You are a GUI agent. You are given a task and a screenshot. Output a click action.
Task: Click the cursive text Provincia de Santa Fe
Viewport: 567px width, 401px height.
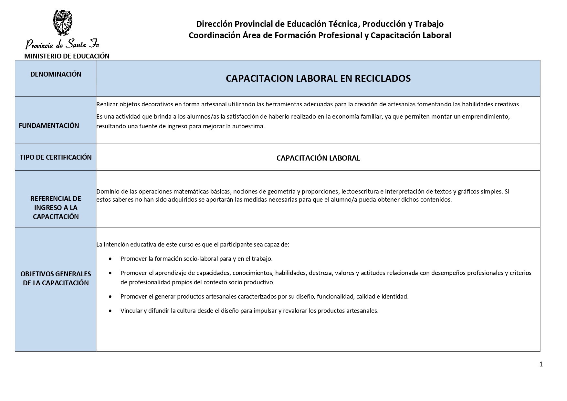(x=62, y=43)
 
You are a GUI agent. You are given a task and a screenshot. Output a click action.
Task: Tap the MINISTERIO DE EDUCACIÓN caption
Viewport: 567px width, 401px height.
(x=67, y=56)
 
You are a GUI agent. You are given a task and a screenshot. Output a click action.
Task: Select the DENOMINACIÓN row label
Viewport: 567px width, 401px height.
(x=56, y=74)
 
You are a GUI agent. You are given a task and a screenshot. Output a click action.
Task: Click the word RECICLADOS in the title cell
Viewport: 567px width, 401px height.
(x=383, y=79)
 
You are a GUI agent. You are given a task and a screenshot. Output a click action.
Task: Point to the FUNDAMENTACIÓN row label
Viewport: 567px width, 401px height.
(x=49, y=126)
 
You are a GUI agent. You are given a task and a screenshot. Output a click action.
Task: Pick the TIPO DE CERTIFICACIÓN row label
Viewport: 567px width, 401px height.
(x=56, y=157)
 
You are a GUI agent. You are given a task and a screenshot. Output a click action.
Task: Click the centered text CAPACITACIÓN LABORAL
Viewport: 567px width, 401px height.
(x=318, y=158)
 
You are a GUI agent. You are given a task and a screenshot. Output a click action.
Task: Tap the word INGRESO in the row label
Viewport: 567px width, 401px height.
(x=47, y=207)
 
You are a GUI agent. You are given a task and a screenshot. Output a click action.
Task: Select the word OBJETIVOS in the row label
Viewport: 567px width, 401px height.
(x=37, y=274)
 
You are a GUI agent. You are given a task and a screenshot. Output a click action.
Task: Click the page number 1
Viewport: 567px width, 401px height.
(x=541, y=364)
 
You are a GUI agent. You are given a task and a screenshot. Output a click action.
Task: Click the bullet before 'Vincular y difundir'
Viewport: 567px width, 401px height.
(x=111, y=311)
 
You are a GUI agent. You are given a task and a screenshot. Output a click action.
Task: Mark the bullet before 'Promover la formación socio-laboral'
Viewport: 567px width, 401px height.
(x=111, y=259)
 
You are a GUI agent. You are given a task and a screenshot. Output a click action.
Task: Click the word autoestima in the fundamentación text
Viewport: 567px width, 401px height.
(x=251, y=126)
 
